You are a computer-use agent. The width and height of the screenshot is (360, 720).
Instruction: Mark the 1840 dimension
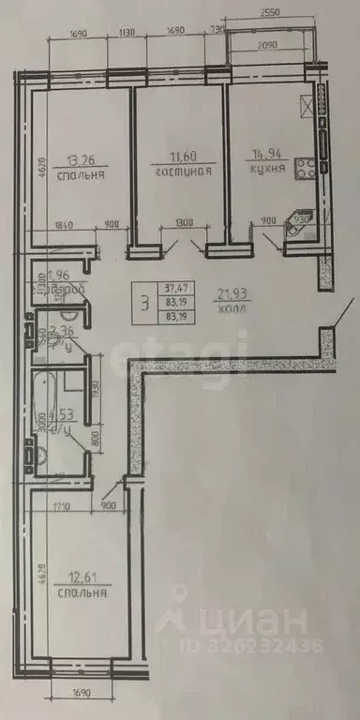65,224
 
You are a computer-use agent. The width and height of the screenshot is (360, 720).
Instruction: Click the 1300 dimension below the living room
184,224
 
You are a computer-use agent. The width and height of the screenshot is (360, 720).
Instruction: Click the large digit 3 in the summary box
143,303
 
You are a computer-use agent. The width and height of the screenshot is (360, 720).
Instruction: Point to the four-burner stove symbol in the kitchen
307,170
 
